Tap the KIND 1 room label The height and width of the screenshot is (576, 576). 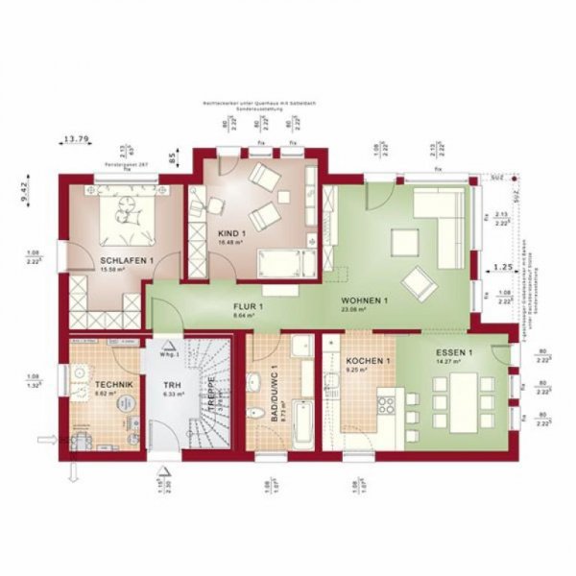232,234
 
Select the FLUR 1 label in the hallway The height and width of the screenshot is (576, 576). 247,306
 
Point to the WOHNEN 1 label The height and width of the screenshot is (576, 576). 363,301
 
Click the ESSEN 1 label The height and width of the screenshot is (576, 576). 454,352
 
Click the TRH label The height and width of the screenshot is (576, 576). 173,383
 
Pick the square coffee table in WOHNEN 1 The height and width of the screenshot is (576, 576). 404,240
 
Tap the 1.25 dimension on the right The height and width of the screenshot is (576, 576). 501,266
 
